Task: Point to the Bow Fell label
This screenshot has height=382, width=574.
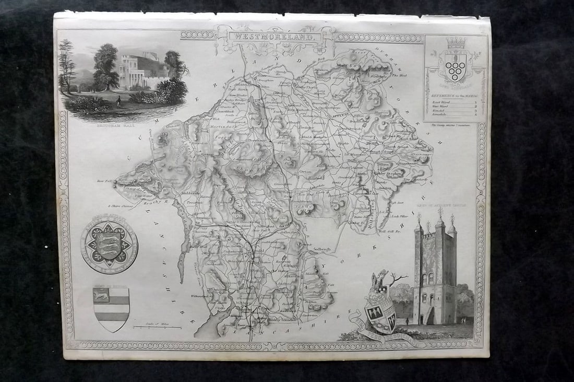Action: tap(104, 181)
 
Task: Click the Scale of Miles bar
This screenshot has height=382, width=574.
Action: tap(157, 327)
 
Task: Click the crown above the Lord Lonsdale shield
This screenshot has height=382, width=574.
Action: tap(456, 42)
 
